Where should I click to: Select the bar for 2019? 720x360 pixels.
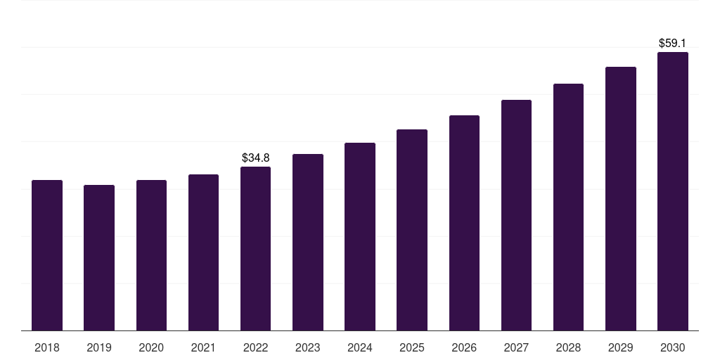pos(99,258)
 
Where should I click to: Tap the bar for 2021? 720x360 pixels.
pos(203,252)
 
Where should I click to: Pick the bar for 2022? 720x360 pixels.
pos(255,249)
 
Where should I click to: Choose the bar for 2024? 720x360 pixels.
pos(360,237)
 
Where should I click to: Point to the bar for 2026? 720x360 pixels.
pos(464,223)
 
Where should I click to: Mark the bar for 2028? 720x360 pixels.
pos(568,207)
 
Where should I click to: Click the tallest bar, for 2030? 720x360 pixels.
pos(673,191)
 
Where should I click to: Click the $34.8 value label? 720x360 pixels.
pos(255,157)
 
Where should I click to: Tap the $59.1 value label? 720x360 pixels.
pos(673,43)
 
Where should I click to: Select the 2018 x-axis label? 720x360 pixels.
pos(47,347)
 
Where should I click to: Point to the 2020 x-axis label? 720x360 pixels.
pos(151,347)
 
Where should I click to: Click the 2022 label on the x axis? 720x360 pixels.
pos(255,347)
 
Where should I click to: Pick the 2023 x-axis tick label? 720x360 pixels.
pos(308,347)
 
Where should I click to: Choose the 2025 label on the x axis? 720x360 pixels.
pos(412,347)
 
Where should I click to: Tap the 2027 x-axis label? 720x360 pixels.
pos(516,347)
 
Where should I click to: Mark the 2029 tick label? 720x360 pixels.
pos(620,347)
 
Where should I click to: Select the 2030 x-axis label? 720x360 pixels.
pos(673,347)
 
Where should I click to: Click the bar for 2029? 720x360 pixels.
pos(620,199)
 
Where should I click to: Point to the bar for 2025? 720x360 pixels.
pos(412,230)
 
